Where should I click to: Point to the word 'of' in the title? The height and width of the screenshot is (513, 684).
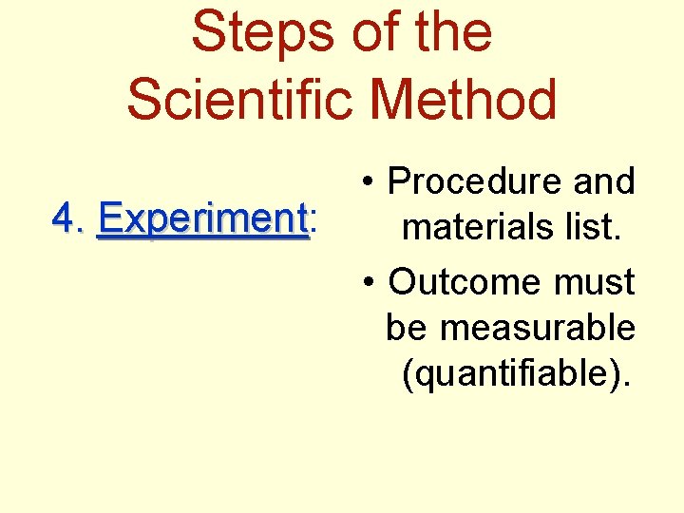[369, 32]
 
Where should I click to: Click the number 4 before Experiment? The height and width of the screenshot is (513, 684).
[63, 220]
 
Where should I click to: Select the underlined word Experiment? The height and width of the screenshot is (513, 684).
[202, 221]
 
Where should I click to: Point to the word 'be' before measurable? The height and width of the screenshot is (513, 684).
[408, 328]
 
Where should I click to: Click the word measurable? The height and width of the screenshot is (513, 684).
[537, 328]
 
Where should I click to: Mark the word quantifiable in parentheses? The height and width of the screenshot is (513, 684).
[516, 374]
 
